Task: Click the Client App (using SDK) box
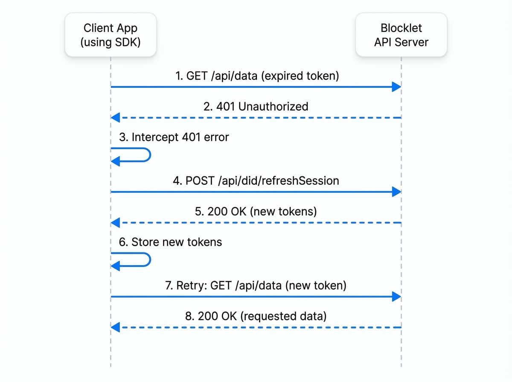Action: (111, 35)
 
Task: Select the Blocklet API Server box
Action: (401, 35)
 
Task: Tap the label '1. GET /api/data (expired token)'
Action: (257, 76)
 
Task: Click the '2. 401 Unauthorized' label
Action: (256, 106)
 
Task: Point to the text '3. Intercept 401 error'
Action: (174, 137)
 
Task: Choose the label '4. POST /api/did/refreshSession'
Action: (256, 180)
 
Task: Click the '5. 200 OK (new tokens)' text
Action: (256, 211)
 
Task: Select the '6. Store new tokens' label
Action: (170, 242)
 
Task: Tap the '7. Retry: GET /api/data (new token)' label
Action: (256, 285)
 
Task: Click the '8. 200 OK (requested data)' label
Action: (256, 316)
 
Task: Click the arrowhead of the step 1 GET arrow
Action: (396, 87)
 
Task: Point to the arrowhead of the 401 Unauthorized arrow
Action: (116, 118)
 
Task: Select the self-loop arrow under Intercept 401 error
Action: (132, 155)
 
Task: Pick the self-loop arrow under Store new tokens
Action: (132, 260)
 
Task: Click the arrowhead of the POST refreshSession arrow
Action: (396, 192)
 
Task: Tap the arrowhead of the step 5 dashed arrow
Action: (116, 223)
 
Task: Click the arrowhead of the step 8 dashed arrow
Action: (116, 327)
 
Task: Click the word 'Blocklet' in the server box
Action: (401, 28)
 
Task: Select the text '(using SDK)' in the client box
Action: (111, 42)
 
